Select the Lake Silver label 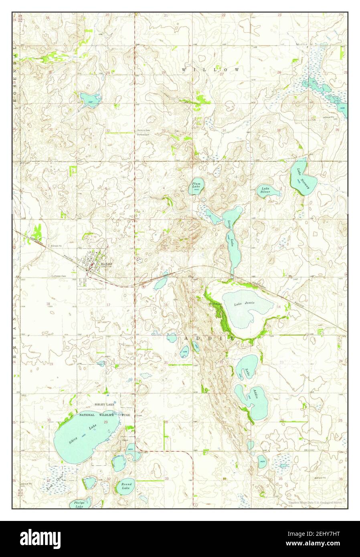[x=265, y=190]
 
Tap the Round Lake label [x=126, y=486]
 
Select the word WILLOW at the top [x=210, y=70]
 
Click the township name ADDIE [x=209, y=339]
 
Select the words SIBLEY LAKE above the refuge [x=105, y=405]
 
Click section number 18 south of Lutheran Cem [x=48, y=304]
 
